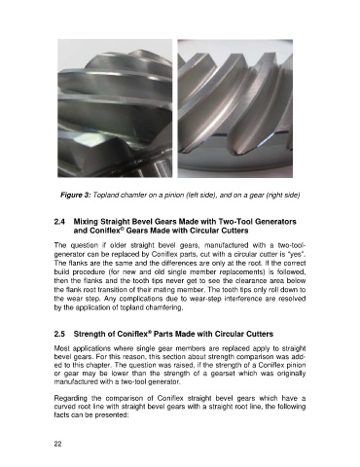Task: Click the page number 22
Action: point(57,445)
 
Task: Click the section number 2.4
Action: point(59,222)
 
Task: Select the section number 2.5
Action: point(59,334)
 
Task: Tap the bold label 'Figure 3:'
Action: point(75,196)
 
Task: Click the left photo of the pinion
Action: point(115,108)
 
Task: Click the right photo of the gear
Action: point(235,108)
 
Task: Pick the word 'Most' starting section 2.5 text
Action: point(61,348)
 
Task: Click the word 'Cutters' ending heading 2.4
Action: point(235,231)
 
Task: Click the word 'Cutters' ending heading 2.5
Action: point(260,334)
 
